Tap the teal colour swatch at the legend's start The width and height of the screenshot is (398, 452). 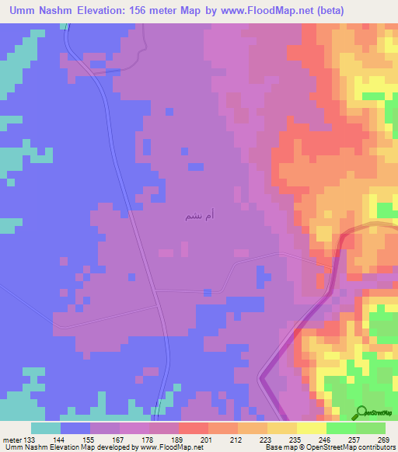[x=46, y=428]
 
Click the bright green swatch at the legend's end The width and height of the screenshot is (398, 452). [x=371, y=428]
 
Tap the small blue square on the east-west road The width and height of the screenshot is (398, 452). [x=207, y=292]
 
